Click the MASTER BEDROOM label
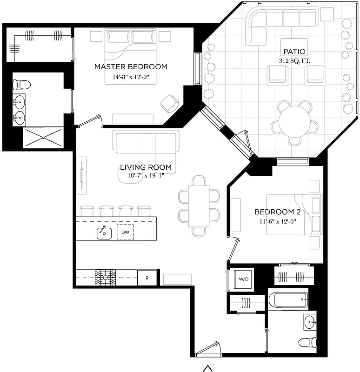[x=131, y=67]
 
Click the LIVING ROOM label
[x=146, y=167]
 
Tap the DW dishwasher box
[x=125, y=232]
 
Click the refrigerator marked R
[x=147, y=278]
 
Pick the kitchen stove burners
[x=105, y=278]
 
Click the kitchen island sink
[x=104, y=232]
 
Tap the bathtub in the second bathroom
[x=291, y=300]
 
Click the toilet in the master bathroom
[x=21, y=85]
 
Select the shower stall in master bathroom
[x=43, y=138]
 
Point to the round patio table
[x=294, y=122]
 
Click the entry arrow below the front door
[x=208, y=368]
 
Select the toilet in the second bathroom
[x=305, y=343]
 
